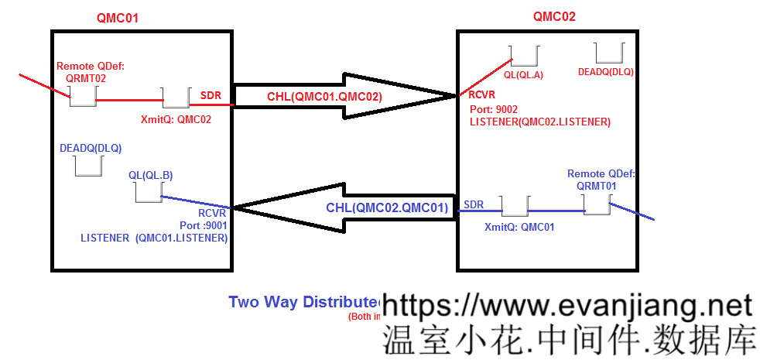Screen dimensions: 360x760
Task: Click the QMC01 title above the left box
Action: (118, 17)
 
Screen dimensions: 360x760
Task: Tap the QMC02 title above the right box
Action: (554, 15)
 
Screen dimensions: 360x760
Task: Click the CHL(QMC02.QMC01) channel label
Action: (387, 207)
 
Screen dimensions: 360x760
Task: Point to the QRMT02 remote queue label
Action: (86, 78)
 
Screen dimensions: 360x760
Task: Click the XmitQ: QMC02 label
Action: (176, 120)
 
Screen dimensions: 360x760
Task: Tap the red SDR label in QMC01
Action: (211, 95)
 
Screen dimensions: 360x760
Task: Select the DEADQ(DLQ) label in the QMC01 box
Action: (91, 146)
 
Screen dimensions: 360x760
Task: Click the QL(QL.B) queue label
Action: (150, 176)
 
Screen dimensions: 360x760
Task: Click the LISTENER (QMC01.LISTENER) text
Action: (154, 238)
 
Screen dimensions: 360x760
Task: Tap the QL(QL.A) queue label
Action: (524, 75)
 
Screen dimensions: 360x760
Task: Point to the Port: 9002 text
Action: (494, 110)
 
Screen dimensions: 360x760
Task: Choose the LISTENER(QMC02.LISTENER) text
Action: (540, 122)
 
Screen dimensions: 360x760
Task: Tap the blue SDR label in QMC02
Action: (474, 204)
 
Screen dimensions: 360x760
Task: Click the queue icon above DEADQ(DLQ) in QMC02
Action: (609, 53)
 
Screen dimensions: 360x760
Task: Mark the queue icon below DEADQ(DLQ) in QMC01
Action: (86, 166)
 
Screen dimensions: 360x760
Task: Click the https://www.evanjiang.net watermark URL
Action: (567, 303)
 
